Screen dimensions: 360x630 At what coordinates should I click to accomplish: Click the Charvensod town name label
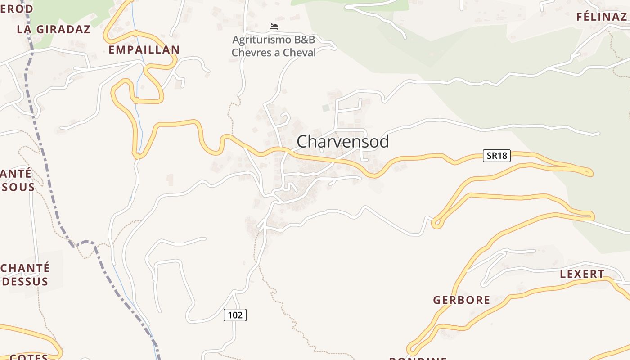(x=343, y=142)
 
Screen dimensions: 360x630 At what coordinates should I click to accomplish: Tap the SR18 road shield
(x=497, y=156)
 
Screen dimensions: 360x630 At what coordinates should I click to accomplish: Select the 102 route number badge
(x=235, y=315)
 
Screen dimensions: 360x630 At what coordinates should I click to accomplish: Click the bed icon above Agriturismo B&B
(x=273, y=27)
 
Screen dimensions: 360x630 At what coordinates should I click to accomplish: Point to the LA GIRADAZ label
(x=54, y=30)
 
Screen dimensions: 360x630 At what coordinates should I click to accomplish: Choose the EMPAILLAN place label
(x=144, y=50)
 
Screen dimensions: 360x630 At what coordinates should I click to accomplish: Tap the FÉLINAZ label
(x=601, y=17)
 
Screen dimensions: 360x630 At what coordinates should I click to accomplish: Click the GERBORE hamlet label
(x=462, y=300)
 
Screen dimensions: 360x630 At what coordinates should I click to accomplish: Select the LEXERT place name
(x=582, y=274)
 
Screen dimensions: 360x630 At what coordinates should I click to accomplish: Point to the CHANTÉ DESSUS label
(x=25, y=274)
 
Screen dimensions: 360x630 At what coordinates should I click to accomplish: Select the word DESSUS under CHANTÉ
(x=25, y=282)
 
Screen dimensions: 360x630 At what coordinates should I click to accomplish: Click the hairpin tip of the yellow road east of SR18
(x=590, y=172)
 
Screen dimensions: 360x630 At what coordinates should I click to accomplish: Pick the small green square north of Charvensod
(x=326, y=108)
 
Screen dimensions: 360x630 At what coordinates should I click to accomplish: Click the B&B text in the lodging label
(x=303, y=40)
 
